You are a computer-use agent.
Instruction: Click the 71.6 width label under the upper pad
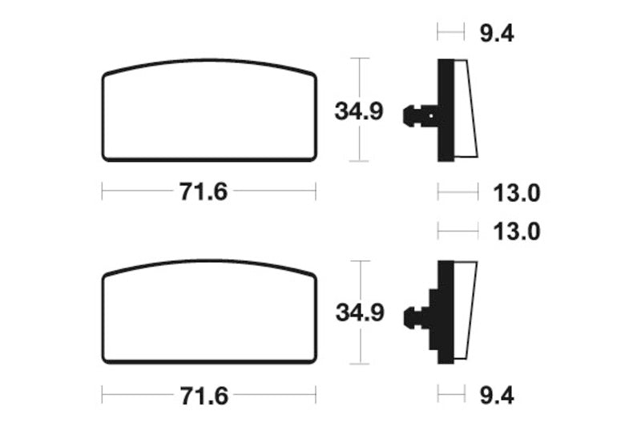(204, 191)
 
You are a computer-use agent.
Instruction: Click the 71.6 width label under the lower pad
(204, 396)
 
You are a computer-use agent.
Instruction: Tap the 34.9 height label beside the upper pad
(359, 111)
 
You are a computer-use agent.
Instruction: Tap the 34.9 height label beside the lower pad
(360, 312)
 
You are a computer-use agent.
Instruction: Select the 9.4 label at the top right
(497, 33)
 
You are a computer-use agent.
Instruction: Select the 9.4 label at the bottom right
(497, 396)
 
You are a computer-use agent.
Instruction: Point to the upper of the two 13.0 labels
(517, 193)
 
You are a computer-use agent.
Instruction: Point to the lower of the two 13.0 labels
(517, 232)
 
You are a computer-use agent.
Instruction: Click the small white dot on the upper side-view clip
(431, 115)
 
